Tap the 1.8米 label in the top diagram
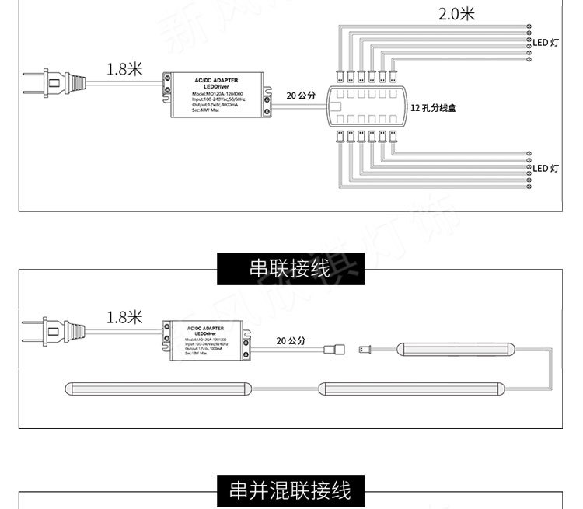124,69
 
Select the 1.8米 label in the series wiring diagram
124,317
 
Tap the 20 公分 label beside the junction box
301,96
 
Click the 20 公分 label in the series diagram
291,341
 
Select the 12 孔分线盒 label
433,109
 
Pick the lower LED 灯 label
546,168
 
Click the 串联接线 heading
289,269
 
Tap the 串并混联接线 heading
289,490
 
